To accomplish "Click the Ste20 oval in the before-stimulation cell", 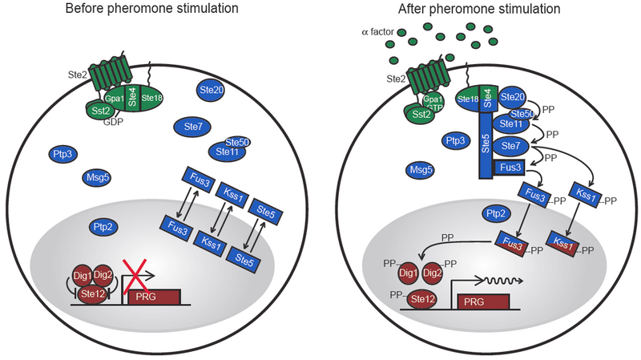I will pyautogui.click(x=209, y=91).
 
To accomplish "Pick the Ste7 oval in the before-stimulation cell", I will pyautogui.click(x=191, y=126).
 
